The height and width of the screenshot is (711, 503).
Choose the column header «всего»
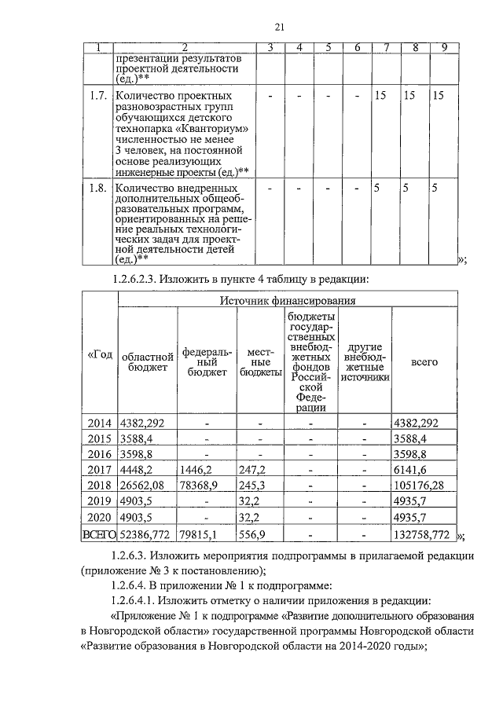click(424, 363)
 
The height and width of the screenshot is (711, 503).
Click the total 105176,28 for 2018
click(420, 486)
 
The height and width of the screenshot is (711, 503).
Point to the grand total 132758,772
click(420, 535)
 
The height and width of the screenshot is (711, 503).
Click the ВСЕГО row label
click(100, 535)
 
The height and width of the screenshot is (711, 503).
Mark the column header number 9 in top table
click(444, 47)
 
